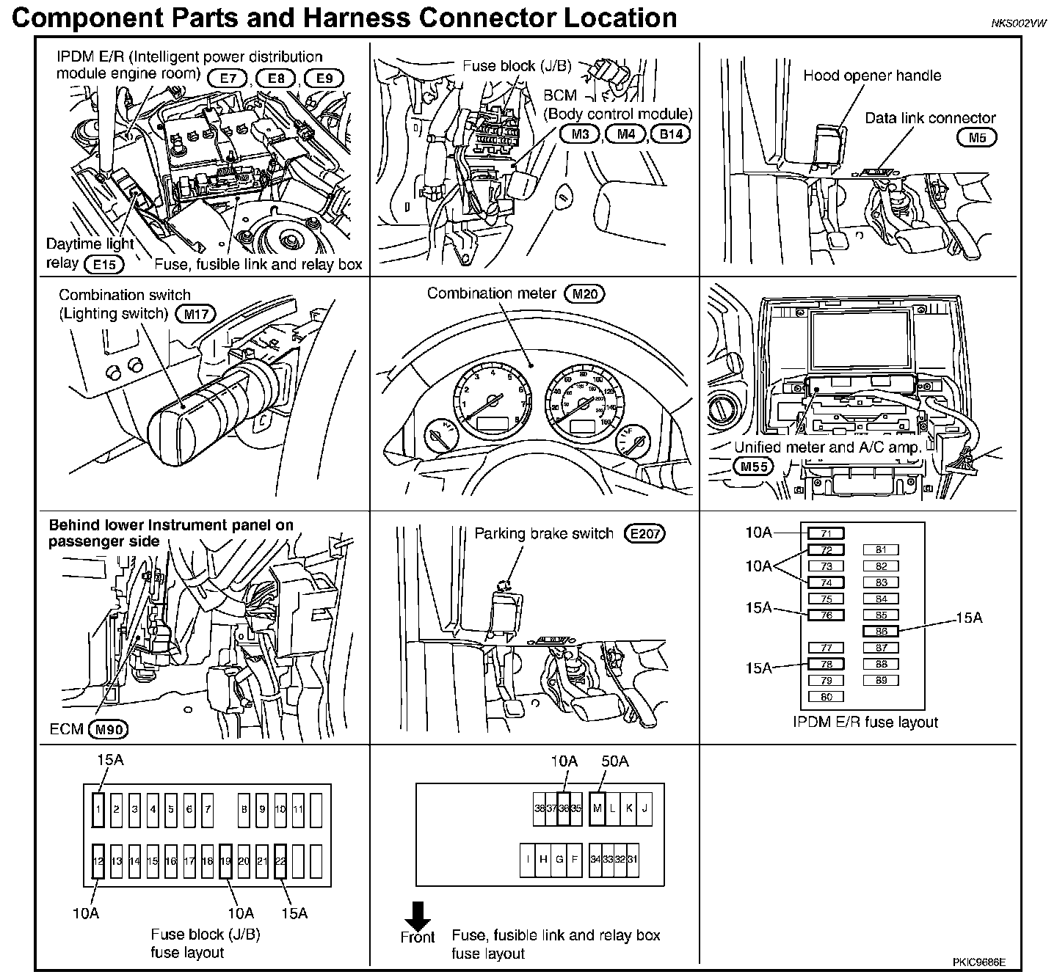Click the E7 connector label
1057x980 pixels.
[228, 78]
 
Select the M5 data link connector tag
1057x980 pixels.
[976, 137]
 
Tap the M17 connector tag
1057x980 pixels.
[196, 315]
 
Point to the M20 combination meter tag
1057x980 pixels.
[585, 294]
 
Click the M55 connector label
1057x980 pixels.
[752, 466]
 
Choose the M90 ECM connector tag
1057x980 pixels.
[107, 729]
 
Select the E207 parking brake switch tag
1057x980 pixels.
[644, 534]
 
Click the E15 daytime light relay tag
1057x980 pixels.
[104, 264]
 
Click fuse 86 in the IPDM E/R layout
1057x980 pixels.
[881, 631]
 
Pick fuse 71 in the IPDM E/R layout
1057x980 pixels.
[826, 533]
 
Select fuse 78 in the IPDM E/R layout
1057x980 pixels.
[826, 664]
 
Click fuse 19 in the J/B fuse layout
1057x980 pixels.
[225, 861]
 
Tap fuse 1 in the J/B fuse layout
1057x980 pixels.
[98, 810]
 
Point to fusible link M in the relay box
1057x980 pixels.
[597, 808]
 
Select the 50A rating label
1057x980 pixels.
[614, 761]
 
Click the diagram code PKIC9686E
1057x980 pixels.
[978, 962]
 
